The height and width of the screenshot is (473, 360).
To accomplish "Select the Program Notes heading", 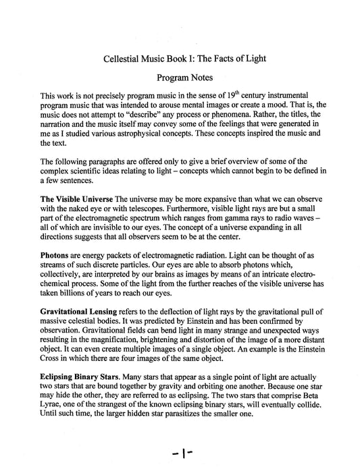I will tap(180, 79).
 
